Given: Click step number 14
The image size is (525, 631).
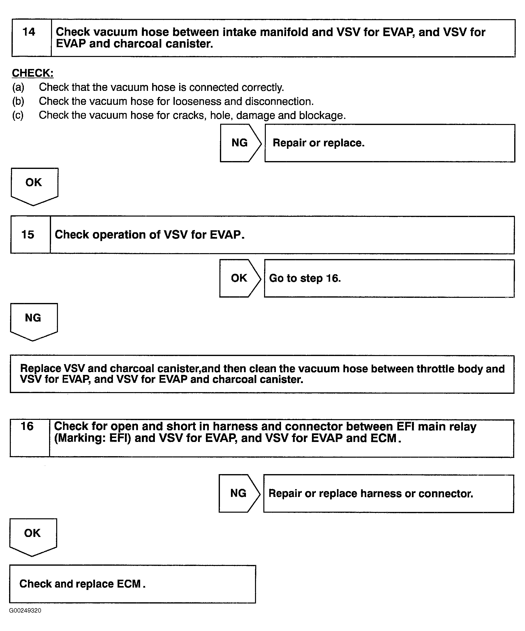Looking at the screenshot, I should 29,32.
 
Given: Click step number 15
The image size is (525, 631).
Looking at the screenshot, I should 28,235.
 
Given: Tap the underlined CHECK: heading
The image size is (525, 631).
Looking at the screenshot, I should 32,73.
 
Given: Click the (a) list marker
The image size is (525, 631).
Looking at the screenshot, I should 18,87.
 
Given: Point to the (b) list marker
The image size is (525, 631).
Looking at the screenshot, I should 18,101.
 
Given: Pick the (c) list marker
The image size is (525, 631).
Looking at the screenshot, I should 18,115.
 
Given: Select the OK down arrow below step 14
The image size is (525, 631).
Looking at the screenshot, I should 34,185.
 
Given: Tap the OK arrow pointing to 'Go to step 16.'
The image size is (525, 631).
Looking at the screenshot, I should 239,278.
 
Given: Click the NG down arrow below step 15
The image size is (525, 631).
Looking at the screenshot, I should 33,320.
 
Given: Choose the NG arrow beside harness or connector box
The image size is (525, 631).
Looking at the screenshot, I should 239,493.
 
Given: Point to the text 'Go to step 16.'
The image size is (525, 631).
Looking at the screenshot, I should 305,278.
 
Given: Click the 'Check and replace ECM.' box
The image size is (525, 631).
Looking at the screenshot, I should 133,584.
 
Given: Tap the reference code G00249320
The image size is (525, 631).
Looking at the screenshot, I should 25,610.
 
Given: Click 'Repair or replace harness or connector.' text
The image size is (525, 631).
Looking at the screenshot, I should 371,493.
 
